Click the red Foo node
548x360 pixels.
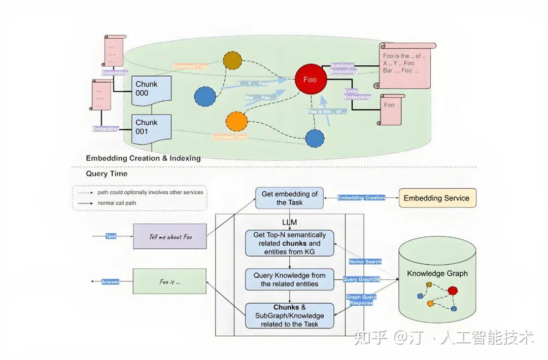[x=310, y=79]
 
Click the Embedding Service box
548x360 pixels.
[x=437, y=198]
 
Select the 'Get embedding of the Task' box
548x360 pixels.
[x=289, y=198]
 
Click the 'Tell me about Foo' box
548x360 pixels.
[x=169, y=237]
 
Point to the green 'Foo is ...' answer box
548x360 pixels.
[x=169, y=281]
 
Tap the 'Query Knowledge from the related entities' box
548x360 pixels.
[x=289, y=279]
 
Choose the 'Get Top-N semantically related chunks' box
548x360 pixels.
[x=289, y=243]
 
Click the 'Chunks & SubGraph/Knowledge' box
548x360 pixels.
[x=289, y=315]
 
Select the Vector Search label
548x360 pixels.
[x=365, y=262]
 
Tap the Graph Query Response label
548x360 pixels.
[x=361, y=300]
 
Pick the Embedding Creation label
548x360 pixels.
[x=361, y=198]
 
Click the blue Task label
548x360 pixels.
[x=111, y=236]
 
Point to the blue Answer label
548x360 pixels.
[x=110, y=281]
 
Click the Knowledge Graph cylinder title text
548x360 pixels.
[x=437, y=274]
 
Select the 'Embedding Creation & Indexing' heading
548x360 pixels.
[x=143, y=158]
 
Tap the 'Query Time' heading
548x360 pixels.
[x=107, y=173]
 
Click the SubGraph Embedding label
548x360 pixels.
[x=344, y=69]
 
